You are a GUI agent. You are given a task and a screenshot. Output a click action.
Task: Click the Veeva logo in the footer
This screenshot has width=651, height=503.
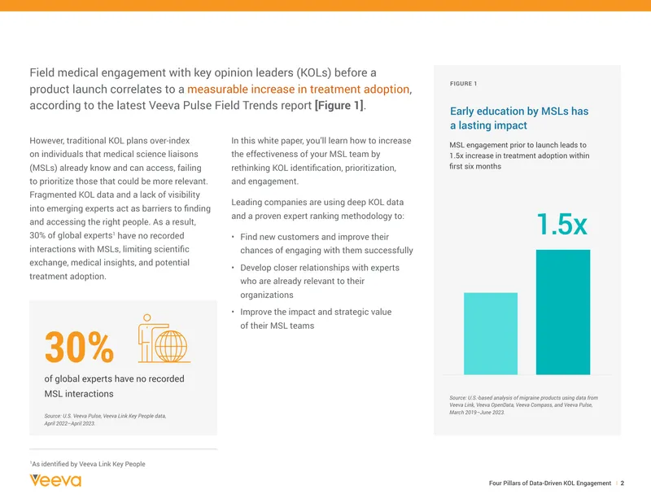pos(55,480)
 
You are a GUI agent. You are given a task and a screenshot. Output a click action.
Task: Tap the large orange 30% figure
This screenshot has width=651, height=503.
pos(79,348)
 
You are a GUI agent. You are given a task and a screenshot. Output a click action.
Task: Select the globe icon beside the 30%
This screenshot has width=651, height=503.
pos(171,346)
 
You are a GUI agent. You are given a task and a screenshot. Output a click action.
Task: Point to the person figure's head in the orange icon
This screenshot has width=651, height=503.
pos(146,318)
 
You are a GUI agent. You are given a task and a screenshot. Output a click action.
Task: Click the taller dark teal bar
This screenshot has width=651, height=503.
pos(562,312)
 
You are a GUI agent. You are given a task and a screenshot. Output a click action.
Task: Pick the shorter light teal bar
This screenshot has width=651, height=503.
pos(491,334)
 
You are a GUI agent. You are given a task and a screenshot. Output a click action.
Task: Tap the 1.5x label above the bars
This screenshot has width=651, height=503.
pos(561,225)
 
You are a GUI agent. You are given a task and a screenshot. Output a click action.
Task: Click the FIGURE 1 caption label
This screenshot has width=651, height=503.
pos(463,84)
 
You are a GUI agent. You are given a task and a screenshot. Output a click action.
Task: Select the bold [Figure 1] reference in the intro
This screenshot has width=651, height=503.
pos(339,106)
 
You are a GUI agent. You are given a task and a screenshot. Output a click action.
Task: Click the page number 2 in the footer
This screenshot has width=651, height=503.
pos(622,483)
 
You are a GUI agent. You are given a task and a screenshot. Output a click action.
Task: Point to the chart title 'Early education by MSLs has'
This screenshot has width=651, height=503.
pos(519,111)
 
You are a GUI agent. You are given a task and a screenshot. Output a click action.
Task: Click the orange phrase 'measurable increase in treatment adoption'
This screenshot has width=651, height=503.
pos(298,89)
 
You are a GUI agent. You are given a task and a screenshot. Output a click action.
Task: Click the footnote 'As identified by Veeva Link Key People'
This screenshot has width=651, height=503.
pos(88,464)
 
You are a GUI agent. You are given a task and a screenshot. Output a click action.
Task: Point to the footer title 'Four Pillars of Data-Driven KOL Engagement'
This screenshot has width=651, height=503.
pos(550,483)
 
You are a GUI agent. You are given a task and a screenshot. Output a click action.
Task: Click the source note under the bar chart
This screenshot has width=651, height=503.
pos(523,405)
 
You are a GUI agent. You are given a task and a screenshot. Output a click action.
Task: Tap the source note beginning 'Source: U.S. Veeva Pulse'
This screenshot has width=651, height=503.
pos(105,419)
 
